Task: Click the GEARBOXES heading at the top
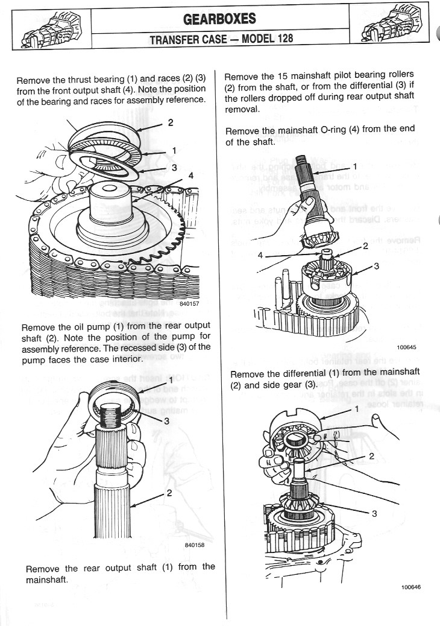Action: tap(219, 19)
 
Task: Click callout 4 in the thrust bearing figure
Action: tap(191, 175)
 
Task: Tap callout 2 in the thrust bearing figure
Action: tap(171, 123)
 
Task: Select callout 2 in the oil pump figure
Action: tap(169, 493)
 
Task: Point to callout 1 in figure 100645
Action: tap(355, 166)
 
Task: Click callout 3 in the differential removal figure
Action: tap(374, 513)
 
